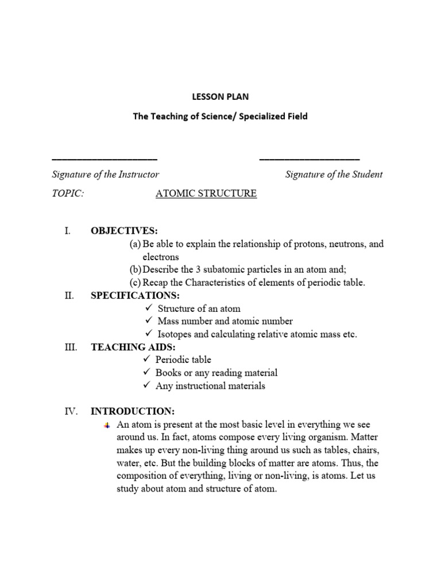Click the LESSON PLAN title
220,97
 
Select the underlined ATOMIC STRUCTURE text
206,194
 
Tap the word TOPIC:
68,194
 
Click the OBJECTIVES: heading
124,231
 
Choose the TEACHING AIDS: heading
133,347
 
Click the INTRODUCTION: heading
133,411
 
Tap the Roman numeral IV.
70,411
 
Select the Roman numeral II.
70,296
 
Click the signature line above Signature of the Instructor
104,158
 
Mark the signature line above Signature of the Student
310,158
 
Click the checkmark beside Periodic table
147,359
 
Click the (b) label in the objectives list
136,269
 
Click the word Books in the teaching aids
168,373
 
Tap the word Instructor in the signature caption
138,175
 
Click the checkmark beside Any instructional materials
147,386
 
